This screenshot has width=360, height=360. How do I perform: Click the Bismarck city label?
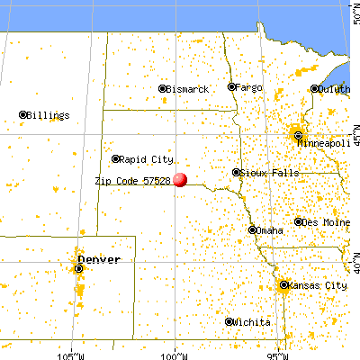(188, 89)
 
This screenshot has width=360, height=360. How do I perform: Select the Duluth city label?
(332, 89)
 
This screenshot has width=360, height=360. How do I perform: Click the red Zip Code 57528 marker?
(180, 179)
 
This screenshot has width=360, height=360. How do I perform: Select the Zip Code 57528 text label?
(132, 180)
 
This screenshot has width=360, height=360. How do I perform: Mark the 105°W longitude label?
(71, 351)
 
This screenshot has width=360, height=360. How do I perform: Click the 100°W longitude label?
(175, 351)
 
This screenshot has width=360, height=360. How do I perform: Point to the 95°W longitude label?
(278, 351)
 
